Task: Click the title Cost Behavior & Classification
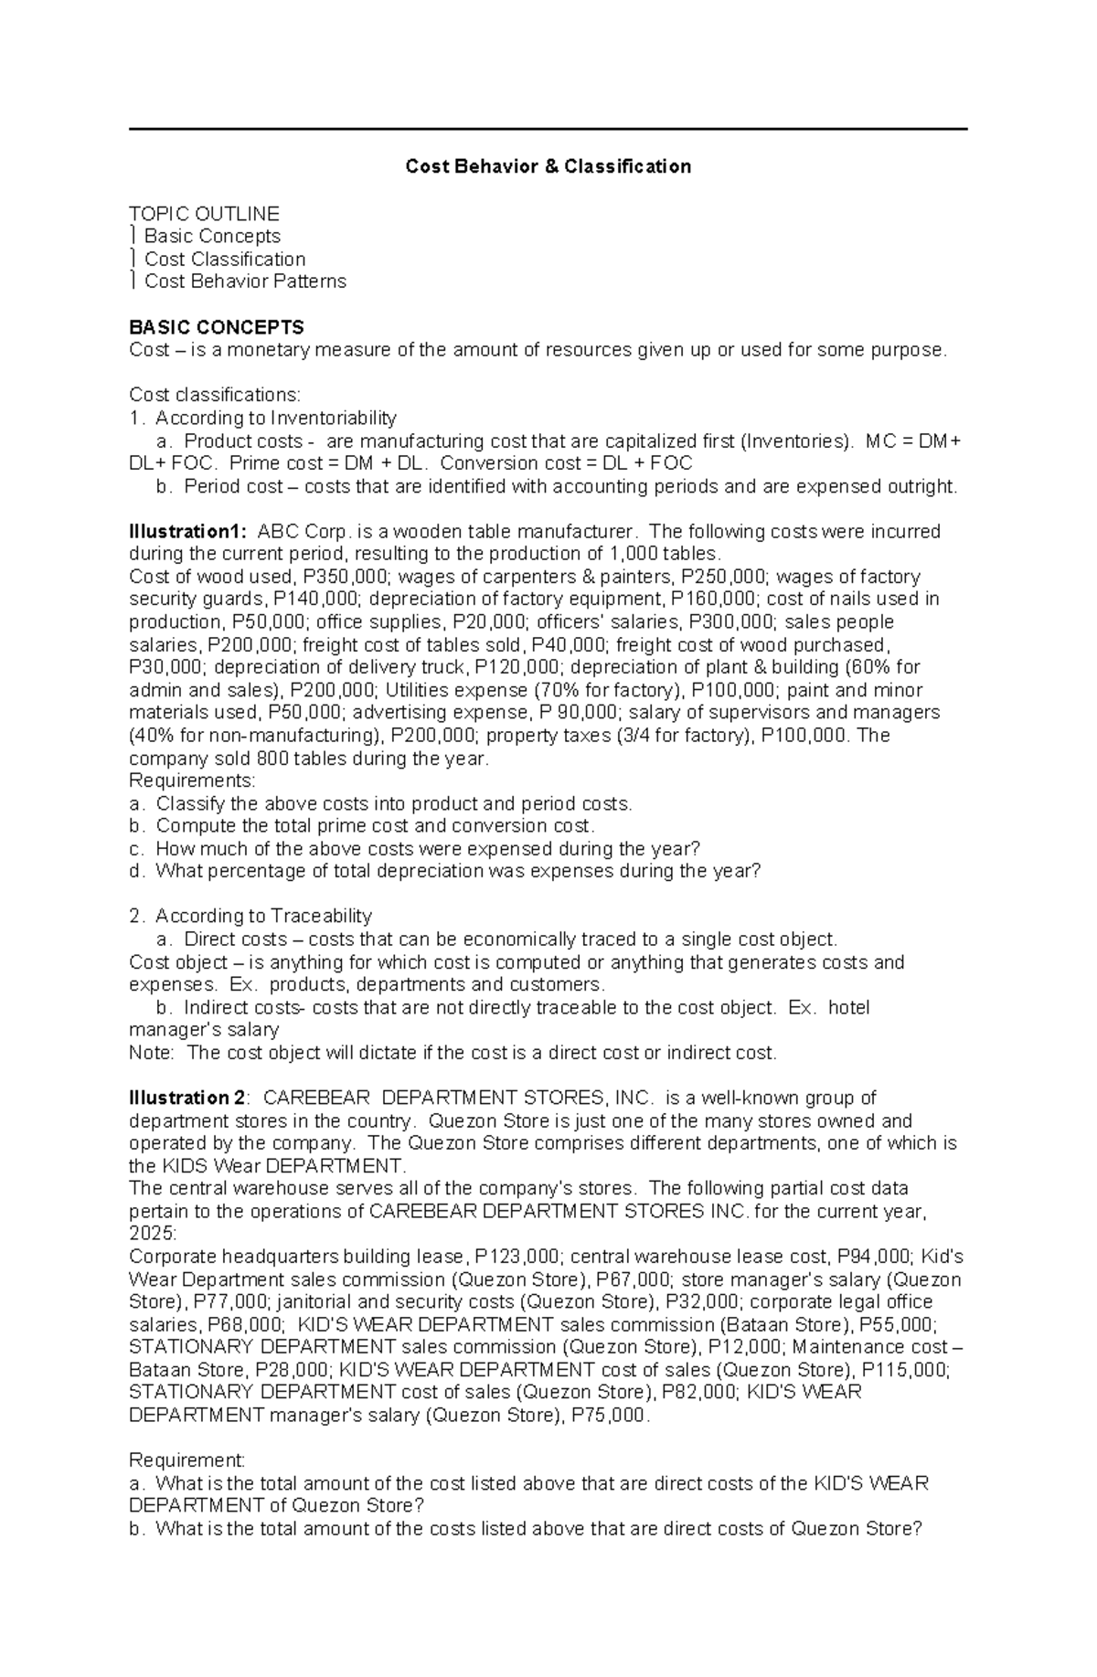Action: [x=548, y=166]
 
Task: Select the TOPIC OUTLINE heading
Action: [x=204, y=214]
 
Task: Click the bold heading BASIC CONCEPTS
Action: [x=217, y=327]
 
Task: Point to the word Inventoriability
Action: [x=333, y=418]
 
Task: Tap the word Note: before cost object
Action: [x=151, y=1053]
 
